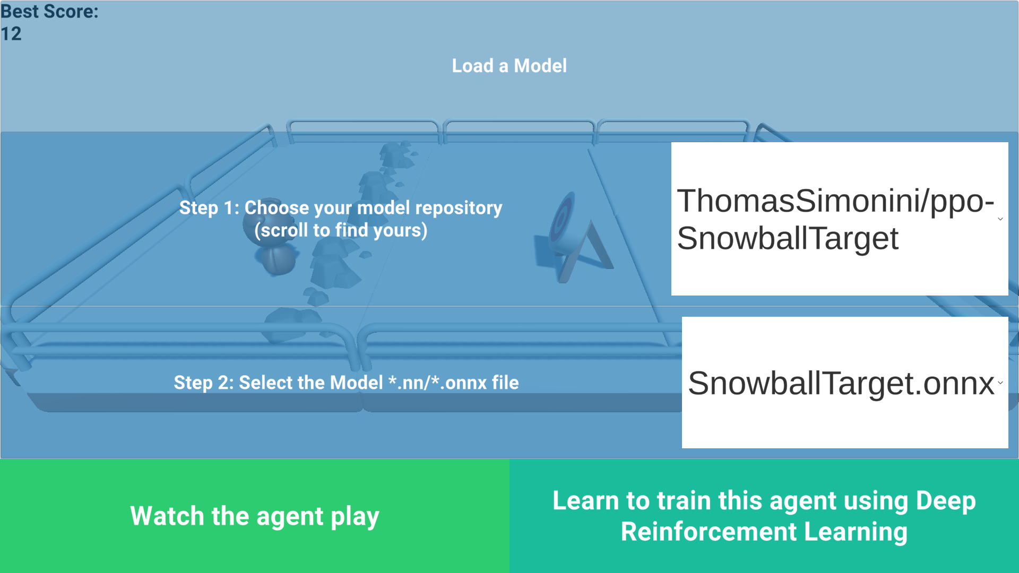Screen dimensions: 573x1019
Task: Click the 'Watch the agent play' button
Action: (x=255, y=516)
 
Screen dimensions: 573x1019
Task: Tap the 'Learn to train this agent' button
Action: (x=764, y=516)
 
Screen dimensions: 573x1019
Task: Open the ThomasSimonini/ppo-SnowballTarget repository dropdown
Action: (x=839, y=219)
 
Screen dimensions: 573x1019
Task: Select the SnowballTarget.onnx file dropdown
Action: (x=844, y=383)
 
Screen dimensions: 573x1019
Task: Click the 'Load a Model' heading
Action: (x=509, y=66)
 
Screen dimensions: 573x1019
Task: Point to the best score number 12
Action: (x=11, y=34)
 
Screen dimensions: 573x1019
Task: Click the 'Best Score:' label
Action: (x=49, y=11)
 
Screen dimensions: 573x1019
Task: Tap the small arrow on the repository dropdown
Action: (x=1000, y=219)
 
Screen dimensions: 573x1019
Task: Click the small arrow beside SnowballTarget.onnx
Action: (x=1000, y=383)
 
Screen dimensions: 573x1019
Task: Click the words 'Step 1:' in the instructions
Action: (x=209, y=208)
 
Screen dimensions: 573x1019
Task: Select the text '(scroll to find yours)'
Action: (x=341, y=230)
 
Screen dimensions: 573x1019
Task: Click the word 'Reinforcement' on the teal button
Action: (x=709, y=532)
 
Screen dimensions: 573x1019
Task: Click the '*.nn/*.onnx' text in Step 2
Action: (x=437, y=383)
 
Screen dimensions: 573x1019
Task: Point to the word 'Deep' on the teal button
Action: (x=946, y=501)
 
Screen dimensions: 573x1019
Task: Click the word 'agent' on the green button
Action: (x=289, y=516)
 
